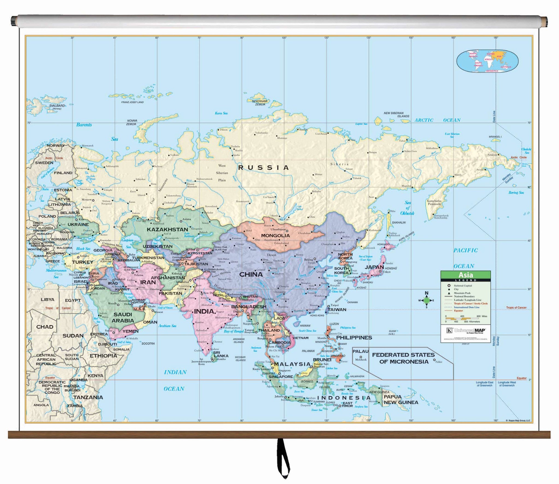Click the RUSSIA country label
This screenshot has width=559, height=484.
point(263,168)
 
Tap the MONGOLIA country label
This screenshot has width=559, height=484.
point(275,235)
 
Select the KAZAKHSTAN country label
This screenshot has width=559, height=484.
point(167,229)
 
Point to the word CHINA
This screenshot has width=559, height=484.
point(251,274)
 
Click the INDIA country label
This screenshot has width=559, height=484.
point(204,311)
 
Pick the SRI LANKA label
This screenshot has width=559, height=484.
point(221,354)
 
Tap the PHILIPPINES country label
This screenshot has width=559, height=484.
point(354,337)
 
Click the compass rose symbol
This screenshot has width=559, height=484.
point(426,300)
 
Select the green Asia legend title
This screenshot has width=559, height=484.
point(466,275)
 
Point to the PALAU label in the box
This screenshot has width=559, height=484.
point(361,351)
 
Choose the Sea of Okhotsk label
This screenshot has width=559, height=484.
point(407,208)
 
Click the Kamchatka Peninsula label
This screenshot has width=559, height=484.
point(434,202)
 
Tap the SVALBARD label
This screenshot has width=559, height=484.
point(57,106)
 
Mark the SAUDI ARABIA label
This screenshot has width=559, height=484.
point(123,318)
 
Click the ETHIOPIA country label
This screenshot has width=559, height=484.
point(103,356)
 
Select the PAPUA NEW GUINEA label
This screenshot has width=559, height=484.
point(400,399)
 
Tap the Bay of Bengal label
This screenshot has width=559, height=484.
point(233,331)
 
